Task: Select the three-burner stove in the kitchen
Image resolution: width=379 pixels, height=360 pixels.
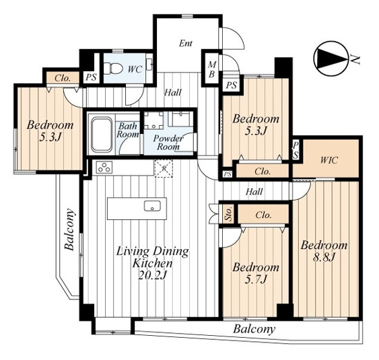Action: (x=104, y=167)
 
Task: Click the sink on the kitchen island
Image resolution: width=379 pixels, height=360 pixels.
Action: (x=152, y=206)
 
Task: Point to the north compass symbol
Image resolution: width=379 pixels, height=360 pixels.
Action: (x=331, y=59)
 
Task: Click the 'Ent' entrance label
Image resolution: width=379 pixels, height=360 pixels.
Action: (x=186, y=44)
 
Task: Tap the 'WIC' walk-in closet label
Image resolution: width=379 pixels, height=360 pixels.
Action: (x=329, y=160)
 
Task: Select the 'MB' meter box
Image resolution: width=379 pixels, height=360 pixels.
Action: (x=212, y=69)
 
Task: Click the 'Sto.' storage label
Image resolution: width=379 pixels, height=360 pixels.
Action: (x=229, y=214)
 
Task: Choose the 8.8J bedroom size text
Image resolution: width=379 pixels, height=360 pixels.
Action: (x=324, y=258)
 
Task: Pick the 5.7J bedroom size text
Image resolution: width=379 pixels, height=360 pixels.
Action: (x=256, y=280)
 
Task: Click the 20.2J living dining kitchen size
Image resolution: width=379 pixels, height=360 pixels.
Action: (x=153, y=275)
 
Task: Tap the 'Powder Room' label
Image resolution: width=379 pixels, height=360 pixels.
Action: (x=168, y=142)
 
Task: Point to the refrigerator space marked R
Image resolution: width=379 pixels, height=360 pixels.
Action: (x=164, y=168)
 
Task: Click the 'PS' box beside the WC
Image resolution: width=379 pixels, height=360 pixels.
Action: (x=92, y=77)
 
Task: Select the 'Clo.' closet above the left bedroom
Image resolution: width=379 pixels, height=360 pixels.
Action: (x=63, y=78)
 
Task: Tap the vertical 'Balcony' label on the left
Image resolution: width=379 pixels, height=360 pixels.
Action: (x=69, y=229)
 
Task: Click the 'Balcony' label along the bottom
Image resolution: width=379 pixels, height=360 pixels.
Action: (x=254, y=329)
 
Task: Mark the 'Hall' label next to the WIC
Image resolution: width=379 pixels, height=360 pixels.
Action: (x=254, y=192)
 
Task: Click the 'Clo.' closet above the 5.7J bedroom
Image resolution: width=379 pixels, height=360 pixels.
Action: (x=263, y=214)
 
